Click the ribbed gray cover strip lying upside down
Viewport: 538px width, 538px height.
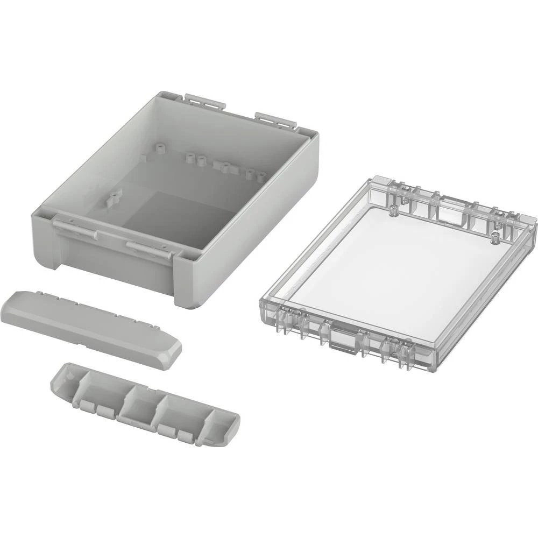coord(145,403)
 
